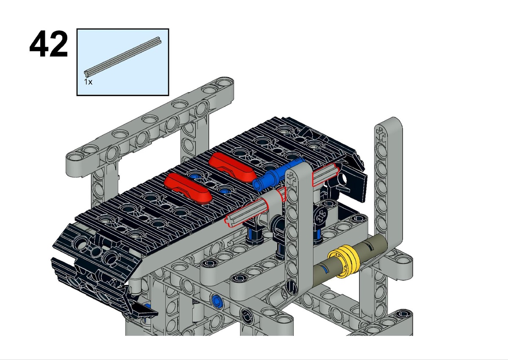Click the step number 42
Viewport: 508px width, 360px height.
point(49,44)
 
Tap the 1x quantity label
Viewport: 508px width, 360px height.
point(88,82)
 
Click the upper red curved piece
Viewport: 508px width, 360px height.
point(232,167)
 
